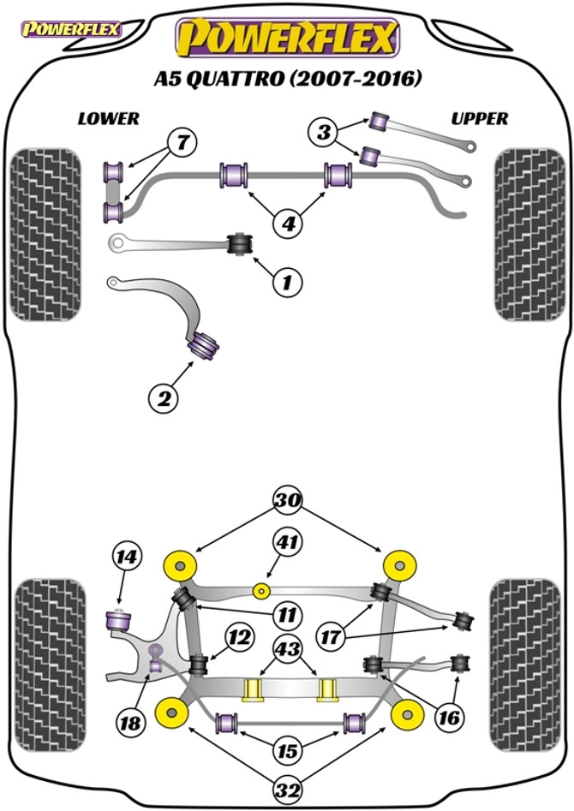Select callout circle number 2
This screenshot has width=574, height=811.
pyautogui.click(x=164, y=398)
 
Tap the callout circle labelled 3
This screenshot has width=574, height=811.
pyautogui.click(x=324, y=132)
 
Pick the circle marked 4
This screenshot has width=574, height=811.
pyautogui.click(x=289, y=224)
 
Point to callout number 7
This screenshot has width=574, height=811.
pyautogui.click(x=182, y=141)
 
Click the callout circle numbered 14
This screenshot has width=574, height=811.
pyautogui.click(x=127, y=557)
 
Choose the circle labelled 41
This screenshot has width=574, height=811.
pyautogui.click(x=288, y=542)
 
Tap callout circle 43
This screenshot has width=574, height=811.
pyautogui.click(x=289, y=648)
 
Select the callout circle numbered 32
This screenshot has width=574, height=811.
pyautogui.click(x=289, y=790)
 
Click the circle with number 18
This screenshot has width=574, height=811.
pyautogui.click(x=130, y=722)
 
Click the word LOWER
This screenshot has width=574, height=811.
pyautogui.click(x=108, y=118)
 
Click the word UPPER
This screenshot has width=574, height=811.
pyautogui.click(x=479, y=118)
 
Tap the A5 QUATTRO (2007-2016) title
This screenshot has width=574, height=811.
pyautogui.click(x=287, y=79)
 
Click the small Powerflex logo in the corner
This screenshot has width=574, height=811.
pyautogui.click(x=71, y=29)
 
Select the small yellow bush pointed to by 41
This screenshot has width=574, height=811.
pyautogui.click(x=262, y=589)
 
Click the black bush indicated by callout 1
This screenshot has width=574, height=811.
pyautogui.click(x=241, y=243)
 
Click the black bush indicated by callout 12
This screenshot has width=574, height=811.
pyautogui.click(x=198, y=665)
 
